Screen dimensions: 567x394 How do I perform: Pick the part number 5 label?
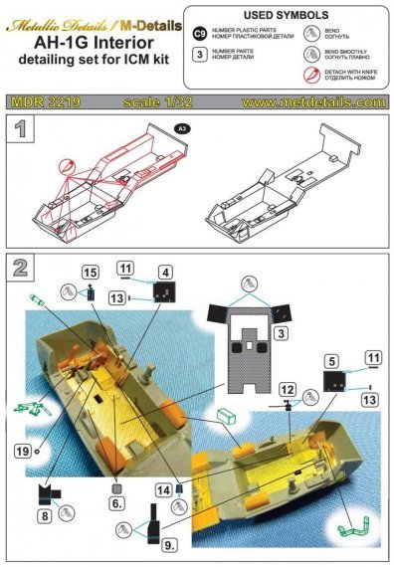coord(329,362)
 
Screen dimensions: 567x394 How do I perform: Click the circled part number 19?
coord(20,450)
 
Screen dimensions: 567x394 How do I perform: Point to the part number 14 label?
coord(162,489)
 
